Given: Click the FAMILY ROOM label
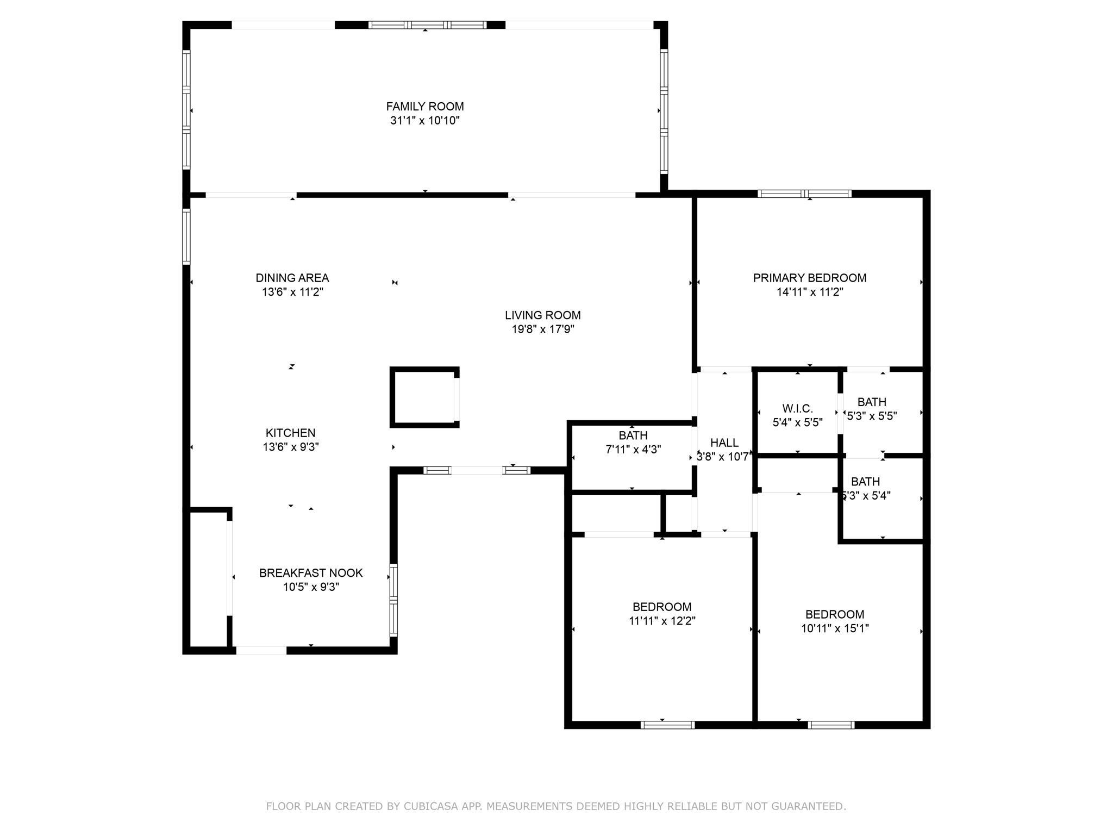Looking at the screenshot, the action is [425, 107].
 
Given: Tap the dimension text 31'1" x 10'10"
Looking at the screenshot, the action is [425, 121].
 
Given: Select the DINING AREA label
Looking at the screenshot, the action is [292, 278].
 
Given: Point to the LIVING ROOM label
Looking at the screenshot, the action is [543, 315].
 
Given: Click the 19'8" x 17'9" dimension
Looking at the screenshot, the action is [543, 329].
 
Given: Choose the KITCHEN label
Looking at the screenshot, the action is [291, 433].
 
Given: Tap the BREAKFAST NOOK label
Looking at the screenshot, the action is [311, 573].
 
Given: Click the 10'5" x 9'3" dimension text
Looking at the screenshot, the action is [311, 587].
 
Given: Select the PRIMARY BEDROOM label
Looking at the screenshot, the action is [810, 278].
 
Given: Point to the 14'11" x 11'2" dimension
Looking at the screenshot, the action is [810, 292].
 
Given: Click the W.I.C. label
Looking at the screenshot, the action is [798, 409].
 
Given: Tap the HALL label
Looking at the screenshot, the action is [724, 443].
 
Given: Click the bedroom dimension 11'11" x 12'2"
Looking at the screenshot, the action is [662, 621].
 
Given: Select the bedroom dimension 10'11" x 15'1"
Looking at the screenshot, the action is [835, 628].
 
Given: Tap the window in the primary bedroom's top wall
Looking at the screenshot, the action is [805, 194].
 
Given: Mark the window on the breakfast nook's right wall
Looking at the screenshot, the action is [393, 601].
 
